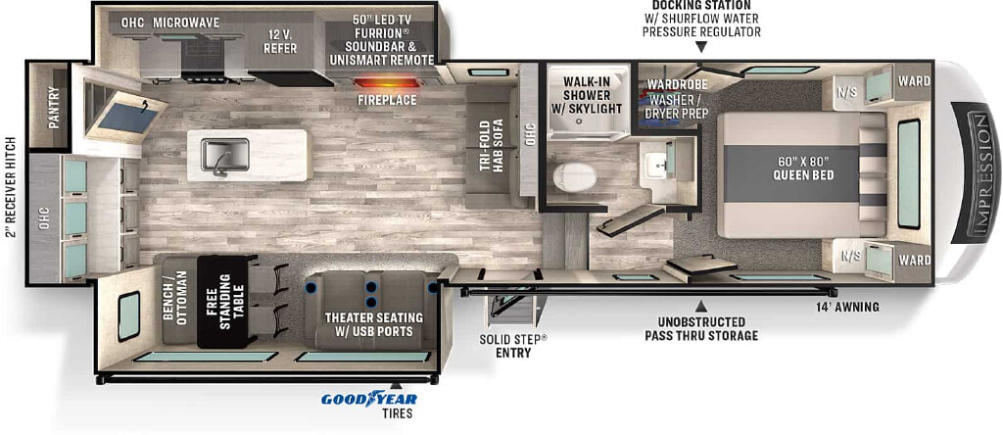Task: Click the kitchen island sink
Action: pos(225,155)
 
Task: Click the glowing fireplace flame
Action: pos(386,82)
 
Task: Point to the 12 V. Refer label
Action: pos(279,41)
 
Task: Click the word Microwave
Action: pos(185,24)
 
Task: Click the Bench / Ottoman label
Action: pos(175,298)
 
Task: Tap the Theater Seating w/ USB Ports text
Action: pos(373,324)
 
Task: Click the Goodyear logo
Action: pos(368,399)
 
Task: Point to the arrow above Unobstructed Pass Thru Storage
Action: pos(701,306)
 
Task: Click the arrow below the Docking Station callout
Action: pos(701,47)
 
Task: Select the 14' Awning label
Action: pos(846,308)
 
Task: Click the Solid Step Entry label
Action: pos(513,346)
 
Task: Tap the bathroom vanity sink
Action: pos(657,163)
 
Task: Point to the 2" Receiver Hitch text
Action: pos(10,187)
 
